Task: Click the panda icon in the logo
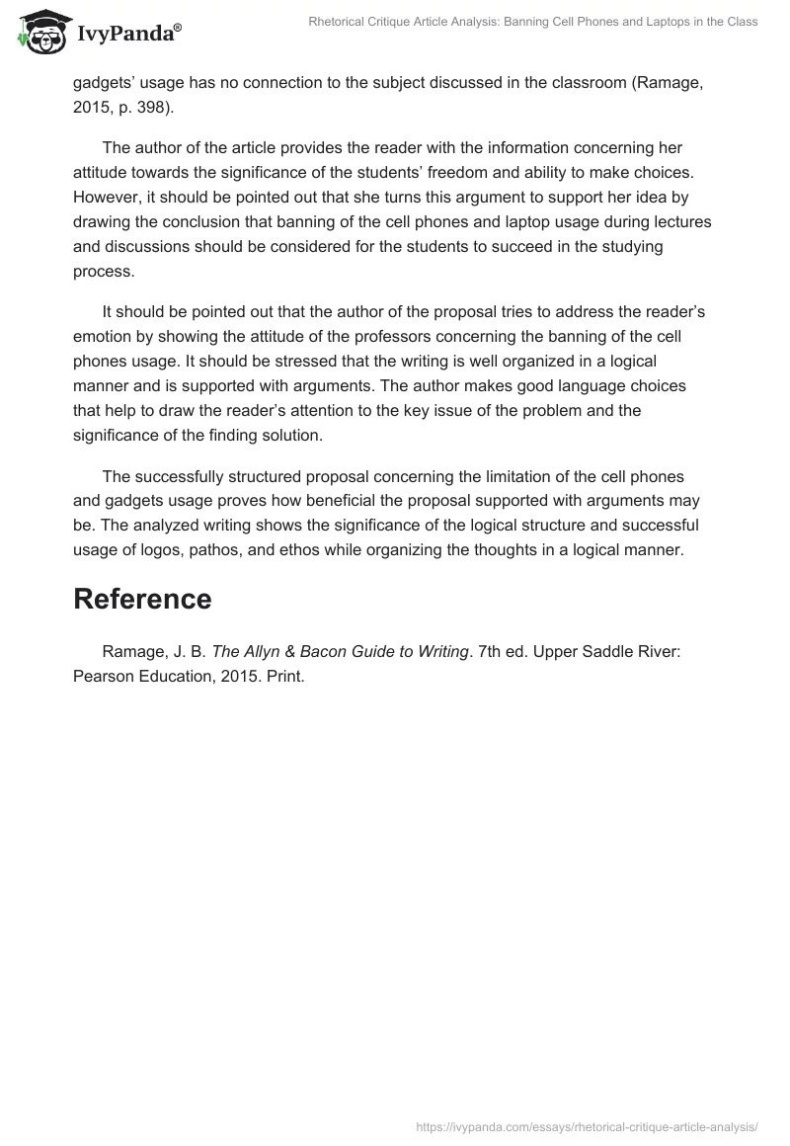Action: tap(40, 33)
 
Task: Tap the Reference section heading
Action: tap(142, 599)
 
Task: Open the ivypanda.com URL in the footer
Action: tap(587, 1125)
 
